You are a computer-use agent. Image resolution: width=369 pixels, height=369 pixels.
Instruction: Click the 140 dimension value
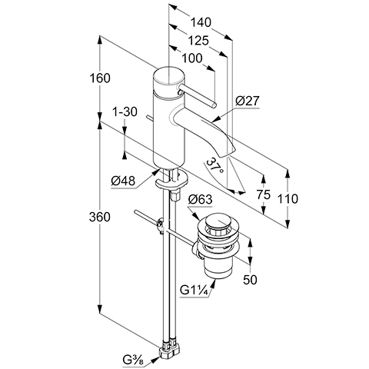pyautogui.click(x=201, y=22)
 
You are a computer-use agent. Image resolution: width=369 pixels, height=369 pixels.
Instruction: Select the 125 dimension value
pyautogui.click(x=198, y=41)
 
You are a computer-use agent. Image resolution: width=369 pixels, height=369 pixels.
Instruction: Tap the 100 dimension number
pyautogui.click(x=192, y=58)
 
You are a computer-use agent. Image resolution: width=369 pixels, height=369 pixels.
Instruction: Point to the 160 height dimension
pyautogui.click(x=100, y=78)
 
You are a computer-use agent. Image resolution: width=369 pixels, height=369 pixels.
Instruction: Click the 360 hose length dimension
pyautogui.click(x=100, y=217)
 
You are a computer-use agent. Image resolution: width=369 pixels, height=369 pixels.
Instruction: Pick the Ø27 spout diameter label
pyautogui.click(x=248, y=101)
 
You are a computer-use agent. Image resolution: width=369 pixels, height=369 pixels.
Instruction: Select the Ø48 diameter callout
pyautogui.click(x=123, y=181)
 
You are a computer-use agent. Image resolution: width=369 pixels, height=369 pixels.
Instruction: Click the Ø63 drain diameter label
pyautogui.click(x=201, y=199)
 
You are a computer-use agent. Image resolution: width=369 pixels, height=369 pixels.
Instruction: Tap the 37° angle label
pyautogui.click(x=214, y=166)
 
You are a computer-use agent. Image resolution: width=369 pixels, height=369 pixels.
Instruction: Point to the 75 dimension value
pyautogui.click(x=264, y=194)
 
